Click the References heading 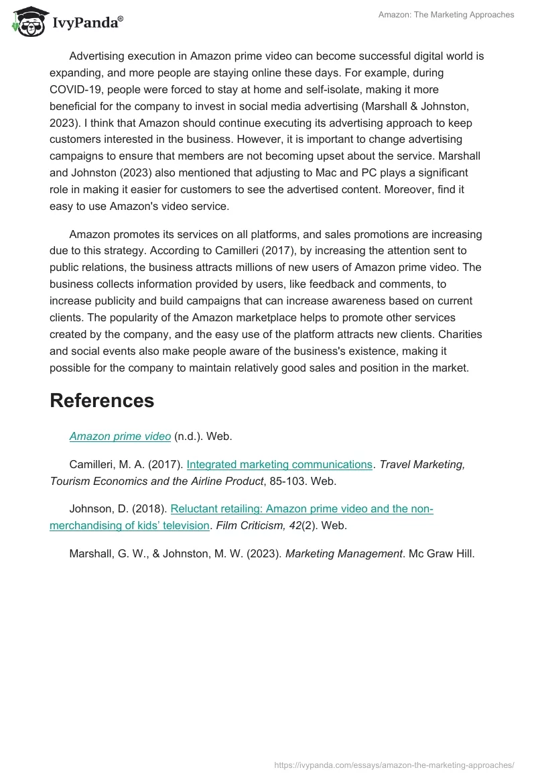pos(102,400)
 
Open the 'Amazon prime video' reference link pos(120,436)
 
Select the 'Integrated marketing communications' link pos(279,464)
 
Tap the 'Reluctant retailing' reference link pos(301,509)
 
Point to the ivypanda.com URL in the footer pos(395,764)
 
